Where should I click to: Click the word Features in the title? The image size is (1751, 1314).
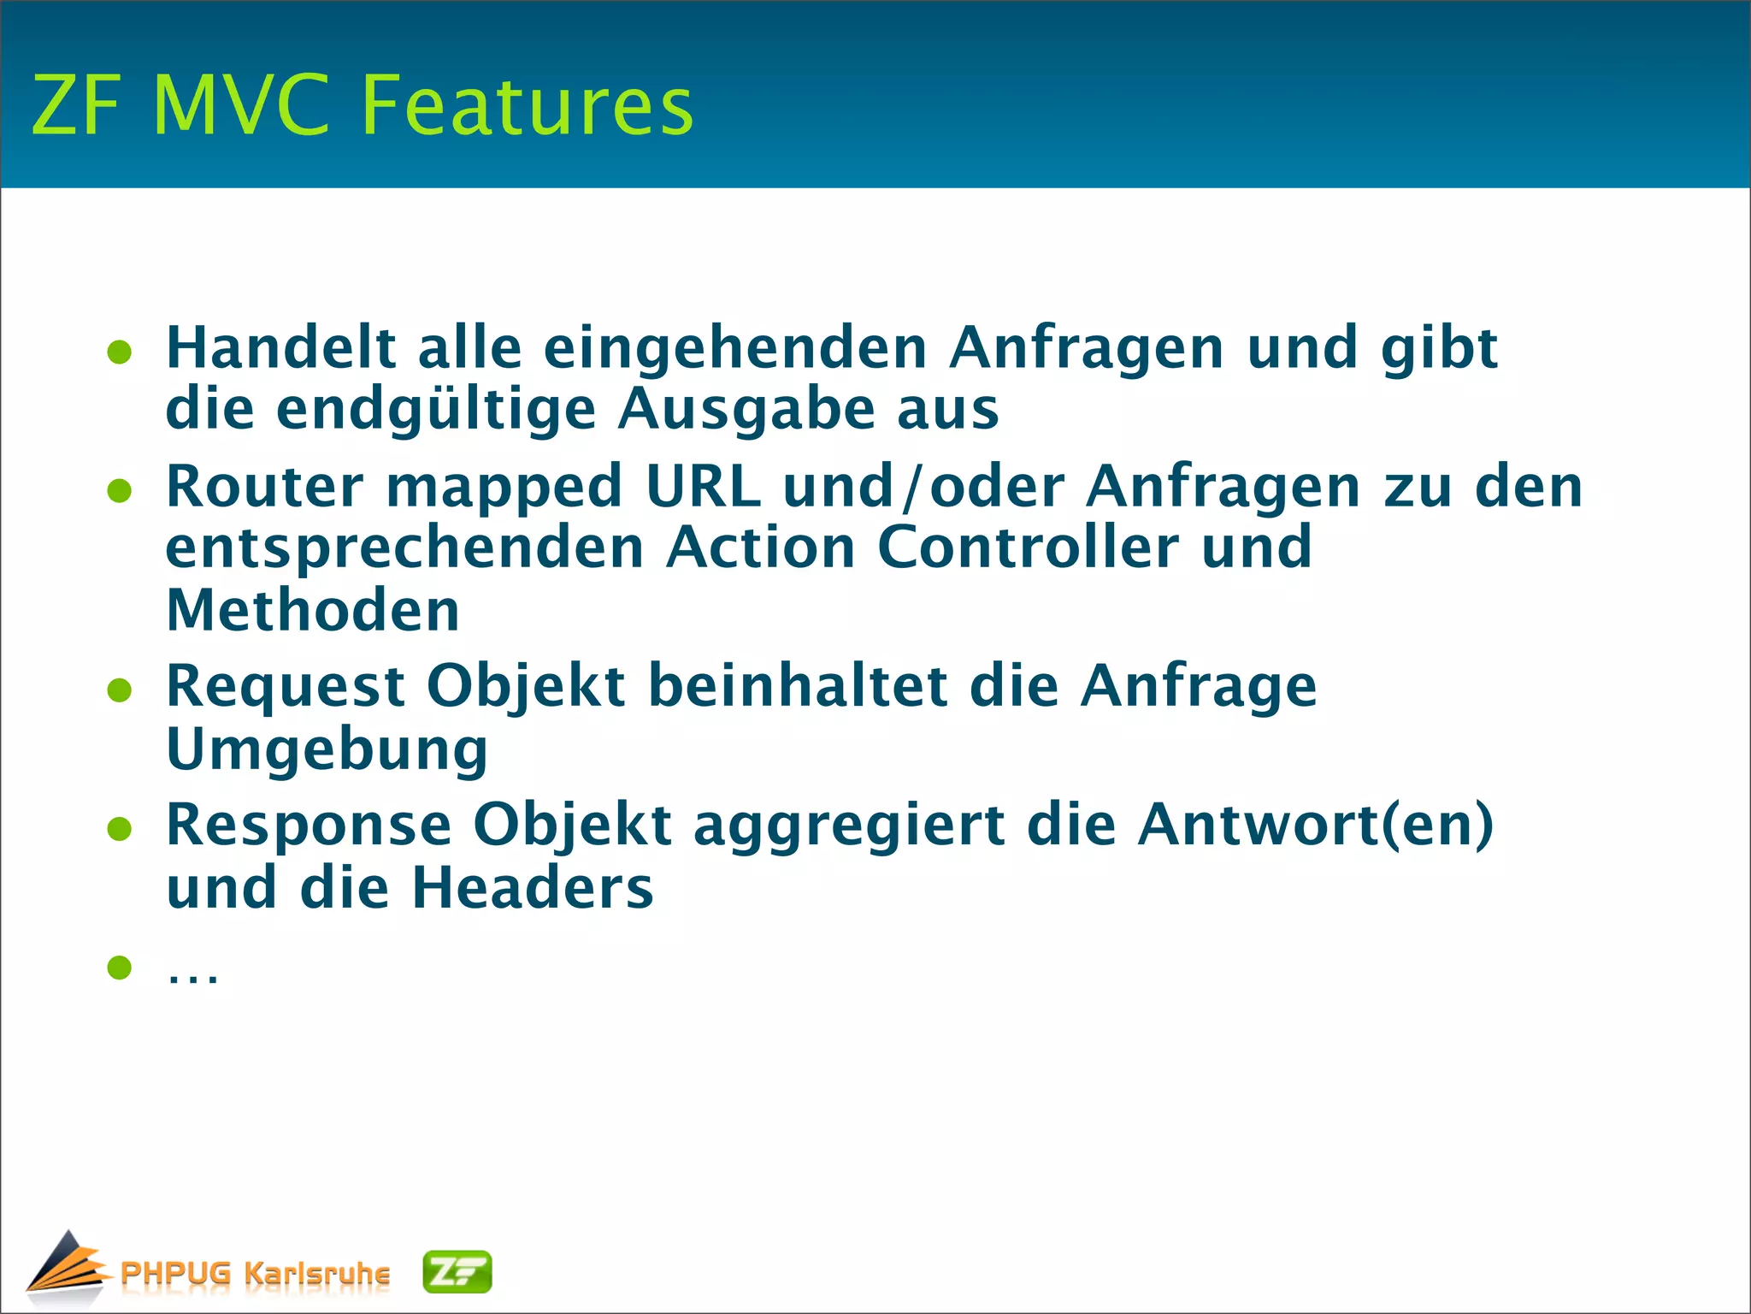[527, 105]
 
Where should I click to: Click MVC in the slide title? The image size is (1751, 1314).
[241, 105]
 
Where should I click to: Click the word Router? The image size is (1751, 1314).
[265, 486]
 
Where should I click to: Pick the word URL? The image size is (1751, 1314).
[703, 486]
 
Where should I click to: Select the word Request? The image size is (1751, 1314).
[286, 686]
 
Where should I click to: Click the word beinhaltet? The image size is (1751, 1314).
[798, 686]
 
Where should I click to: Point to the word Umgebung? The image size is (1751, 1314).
[327, 750]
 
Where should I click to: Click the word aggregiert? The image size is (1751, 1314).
[849, 826]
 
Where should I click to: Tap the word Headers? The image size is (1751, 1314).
[532, 888]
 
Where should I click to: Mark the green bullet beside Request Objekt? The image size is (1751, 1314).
[120, 690]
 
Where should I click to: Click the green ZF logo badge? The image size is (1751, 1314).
[457, 1272]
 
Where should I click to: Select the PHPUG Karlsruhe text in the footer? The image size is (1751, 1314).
[255, 1273]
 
